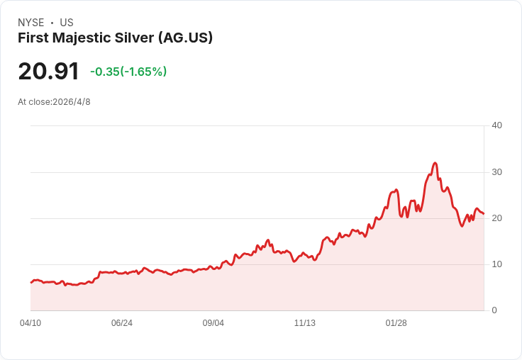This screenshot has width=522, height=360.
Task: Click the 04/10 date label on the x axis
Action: [x=30, y=322]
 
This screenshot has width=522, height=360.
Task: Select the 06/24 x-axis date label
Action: [x=122, y=322]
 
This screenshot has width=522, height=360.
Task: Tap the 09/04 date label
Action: [x=213, y=322]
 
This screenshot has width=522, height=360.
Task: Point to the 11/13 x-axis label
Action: [x=304, y=322]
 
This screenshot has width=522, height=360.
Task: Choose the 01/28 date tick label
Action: [x=396, y=322]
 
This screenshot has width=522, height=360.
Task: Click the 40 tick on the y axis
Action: [x=496, y=125]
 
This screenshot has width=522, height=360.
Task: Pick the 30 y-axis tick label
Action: [x=496, y=172]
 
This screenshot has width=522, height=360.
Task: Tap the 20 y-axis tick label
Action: [x=496, y=218]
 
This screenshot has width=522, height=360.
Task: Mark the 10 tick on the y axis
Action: [x=496, y=264]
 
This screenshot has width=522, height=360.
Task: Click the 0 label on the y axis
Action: [x=494, y=310]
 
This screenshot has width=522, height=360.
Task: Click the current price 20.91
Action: [x=49, y=71]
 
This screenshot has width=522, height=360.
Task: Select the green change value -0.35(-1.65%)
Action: [x=128, y=72]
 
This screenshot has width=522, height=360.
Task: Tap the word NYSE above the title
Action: [x=31, y=23]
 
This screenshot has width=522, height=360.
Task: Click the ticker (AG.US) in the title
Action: [x=185, y=38]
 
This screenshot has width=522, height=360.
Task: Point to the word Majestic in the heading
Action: [x=82, y=38]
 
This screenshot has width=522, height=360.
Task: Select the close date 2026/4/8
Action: [x=72, y=102]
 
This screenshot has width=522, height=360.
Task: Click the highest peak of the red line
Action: [x=435, y=163]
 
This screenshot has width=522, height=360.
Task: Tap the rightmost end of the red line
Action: [x=484, y=213]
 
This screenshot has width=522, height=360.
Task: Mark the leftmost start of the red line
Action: [x=31, y=283]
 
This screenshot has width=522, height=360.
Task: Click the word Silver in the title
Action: [x=135, y=38]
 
